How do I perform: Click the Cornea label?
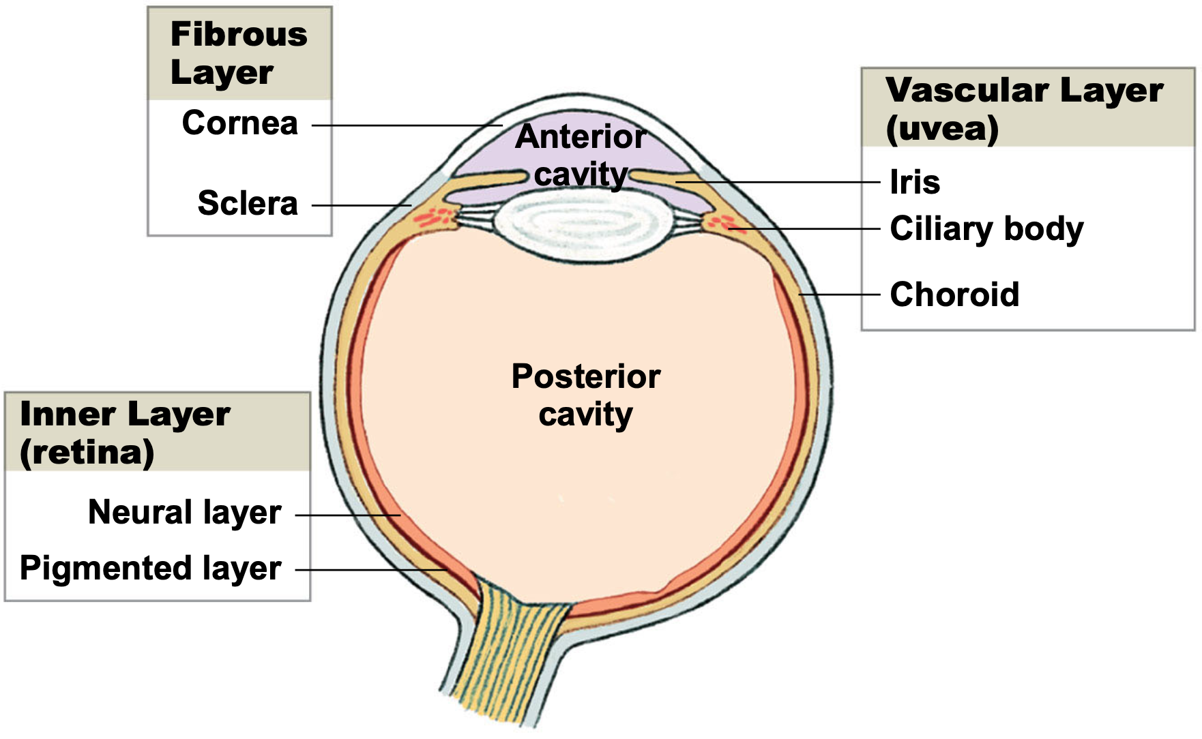pos(240,123)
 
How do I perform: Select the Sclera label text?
pos(248,203)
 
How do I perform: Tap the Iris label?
pos(915,182)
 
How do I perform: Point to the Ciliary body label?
pos(986,229)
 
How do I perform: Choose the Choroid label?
pos(954,295)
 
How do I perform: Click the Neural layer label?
pos(185,513)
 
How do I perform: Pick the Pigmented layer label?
pos(151,569)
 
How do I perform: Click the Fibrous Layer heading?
pos(239,53)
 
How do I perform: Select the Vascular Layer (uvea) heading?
pos(1024,109)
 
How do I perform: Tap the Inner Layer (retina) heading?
pos(126,434)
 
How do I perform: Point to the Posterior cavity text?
pos(586,395)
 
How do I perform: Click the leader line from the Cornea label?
pos(407,125)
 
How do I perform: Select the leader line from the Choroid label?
pos(839,295)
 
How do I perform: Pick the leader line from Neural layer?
pos(348,515)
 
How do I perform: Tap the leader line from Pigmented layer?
pos(371,570)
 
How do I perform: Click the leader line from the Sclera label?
pos(362,205)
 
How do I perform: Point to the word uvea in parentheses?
pos(943,128)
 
